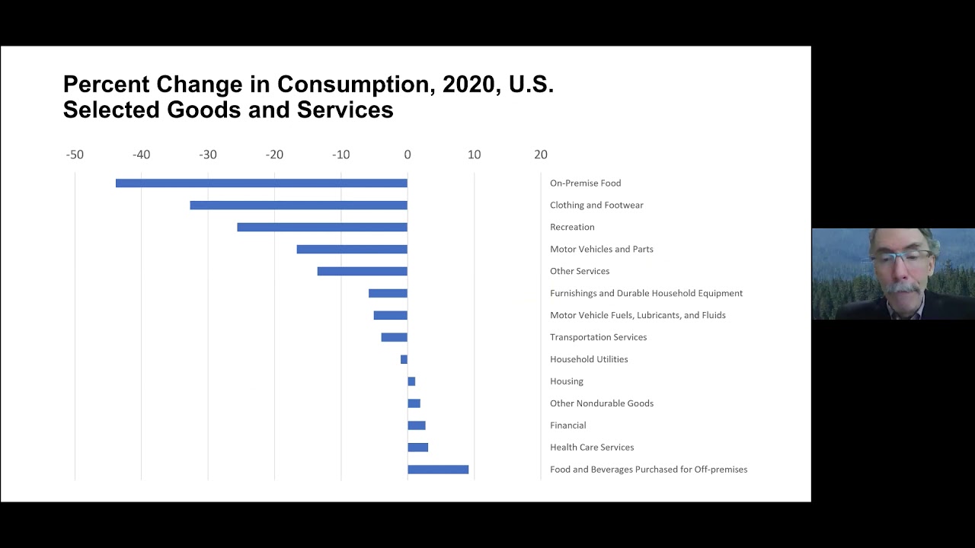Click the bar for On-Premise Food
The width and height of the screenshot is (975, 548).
261,183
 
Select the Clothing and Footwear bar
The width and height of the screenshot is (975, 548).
299,205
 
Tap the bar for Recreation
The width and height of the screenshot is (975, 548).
322,228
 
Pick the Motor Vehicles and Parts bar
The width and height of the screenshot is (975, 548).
352,250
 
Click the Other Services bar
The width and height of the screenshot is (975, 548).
363,272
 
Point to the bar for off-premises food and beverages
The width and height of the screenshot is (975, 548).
438,470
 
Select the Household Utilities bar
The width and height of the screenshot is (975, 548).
404,359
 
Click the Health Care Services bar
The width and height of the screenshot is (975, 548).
417,448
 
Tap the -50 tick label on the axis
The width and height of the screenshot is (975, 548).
75,155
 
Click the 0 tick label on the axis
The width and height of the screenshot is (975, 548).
408,155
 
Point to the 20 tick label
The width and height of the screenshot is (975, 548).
541,155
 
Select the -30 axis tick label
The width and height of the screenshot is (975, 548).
208,155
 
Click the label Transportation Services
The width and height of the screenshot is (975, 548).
598,337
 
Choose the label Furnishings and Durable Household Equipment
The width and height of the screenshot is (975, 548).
646,293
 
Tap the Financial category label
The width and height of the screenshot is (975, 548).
567,425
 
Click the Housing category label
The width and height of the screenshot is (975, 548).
567,381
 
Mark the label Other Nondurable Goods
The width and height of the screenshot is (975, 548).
602,403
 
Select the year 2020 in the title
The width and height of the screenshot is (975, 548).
468,84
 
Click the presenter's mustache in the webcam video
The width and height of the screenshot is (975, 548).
903,288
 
